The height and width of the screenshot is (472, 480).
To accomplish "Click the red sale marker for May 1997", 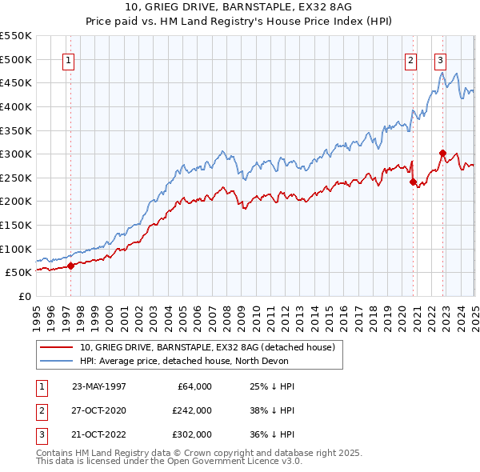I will coord(70,266).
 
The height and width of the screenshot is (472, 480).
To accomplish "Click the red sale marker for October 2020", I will coord(414,182).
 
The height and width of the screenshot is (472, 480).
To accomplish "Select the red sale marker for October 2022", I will coord(442,153).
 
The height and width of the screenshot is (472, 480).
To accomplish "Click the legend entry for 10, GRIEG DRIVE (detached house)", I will coord(211,347).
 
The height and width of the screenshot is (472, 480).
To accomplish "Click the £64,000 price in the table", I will coord(192,386).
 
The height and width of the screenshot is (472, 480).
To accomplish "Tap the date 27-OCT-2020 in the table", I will coord(99,410).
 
